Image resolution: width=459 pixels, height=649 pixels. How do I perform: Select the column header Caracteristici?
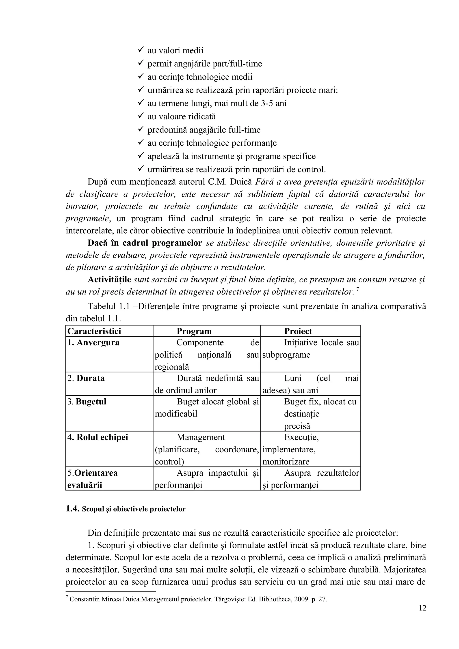click(x=94, y=331)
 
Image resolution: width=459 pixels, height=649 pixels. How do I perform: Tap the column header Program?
click(x=194, y=331)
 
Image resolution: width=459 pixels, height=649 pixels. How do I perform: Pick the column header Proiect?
click(x=298, y=331)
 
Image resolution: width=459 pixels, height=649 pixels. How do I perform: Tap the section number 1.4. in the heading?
click(x=73, y=509)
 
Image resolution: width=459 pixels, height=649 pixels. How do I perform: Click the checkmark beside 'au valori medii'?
click(x=141, y=50)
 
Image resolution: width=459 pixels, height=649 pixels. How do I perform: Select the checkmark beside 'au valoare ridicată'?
click(x=141, y=116)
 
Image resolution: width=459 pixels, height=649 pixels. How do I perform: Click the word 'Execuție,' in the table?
click(x=301, y=437)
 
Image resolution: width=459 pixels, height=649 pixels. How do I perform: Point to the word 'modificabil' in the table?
click(x=176, y=414)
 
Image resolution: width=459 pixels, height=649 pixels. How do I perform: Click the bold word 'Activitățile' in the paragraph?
click(x=109, y=279)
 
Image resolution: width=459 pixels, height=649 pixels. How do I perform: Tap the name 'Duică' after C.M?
click(x=241, y=182)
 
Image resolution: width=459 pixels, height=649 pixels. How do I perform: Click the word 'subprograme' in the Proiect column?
click(x=286, y=355)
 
